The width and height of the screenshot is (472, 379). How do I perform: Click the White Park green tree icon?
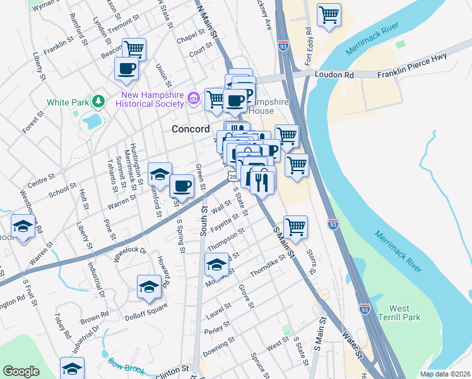[98, 101]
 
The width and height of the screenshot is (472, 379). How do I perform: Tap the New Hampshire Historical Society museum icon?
[194, 99]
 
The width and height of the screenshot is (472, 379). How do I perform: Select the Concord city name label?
[191, 129]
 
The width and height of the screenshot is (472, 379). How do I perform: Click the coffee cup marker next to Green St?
[182, 186]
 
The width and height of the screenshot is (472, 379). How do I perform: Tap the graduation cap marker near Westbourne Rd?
[23, 226]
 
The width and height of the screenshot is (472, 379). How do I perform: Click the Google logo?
[21, 371]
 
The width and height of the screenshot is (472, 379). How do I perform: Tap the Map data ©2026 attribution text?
[444, 374]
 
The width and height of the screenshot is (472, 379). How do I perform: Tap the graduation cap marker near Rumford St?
[160, 174]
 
